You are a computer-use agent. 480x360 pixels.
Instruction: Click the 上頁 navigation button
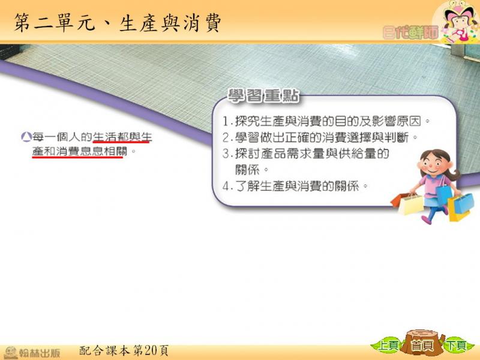click(387, 346)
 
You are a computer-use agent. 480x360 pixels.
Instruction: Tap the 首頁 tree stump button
click(423, 344)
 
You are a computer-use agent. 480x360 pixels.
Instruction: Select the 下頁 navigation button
click(457, 346)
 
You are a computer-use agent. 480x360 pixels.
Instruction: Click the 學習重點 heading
click(263, 96)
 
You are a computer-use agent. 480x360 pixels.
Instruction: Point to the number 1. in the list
click(227, 122)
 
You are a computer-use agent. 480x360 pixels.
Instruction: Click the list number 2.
click(227, 138)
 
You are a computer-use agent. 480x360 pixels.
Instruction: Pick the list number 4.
click(227, 186)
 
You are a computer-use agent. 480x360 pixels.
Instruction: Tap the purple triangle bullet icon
click(26, 137)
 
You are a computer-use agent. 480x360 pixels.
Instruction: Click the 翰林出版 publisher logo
click(32, 352)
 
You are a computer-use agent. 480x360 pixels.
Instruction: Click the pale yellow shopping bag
click(412, 205)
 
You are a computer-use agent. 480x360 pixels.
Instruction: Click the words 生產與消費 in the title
click(170, 23)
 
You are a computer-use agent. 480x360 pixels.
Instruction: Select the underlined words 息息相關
click(104, 151)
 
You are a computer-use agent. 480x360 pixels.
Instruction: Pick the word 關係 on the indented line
click(247, 170)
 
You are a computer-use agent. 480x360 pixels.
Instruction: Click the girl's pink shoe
click(426, 220)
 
